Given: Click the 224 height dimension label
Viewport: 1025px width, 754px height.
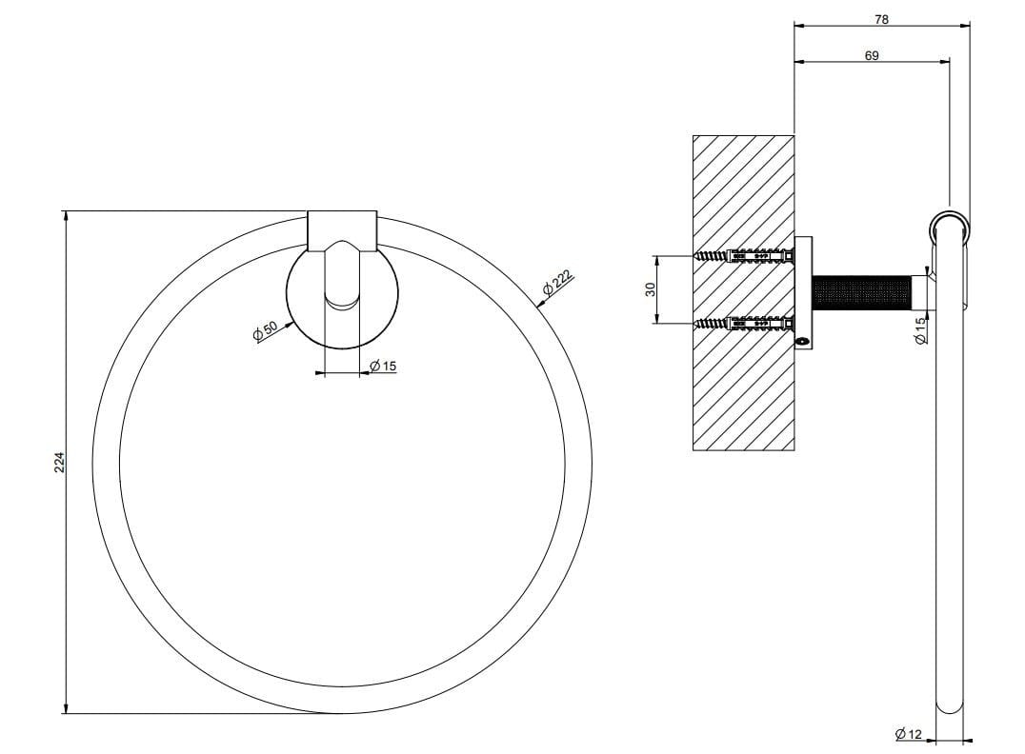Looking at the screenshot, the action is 59,463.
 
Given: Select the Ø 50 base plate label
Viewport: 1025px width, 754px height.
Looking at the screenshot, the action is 266,330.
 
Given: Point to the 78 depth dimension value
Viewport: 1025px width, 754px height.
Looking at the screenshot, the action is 881,20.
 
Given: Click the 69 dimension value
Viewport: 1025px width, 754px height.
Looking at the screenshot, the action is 872,55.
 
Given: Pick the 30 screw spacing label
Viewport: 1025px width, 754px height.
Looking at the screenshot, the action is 651,288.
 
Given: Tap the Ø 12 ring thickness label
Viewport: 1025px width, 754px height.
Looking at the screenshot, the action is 909,734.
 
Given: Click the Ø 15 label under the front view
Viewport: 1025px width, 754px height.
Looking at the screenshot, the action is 383,366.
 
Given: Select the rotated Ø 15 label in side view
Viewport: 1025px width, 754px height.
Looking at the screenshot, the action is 920,330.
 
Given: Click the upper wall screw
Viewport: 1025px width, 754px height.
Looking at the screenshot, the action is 744,255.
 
